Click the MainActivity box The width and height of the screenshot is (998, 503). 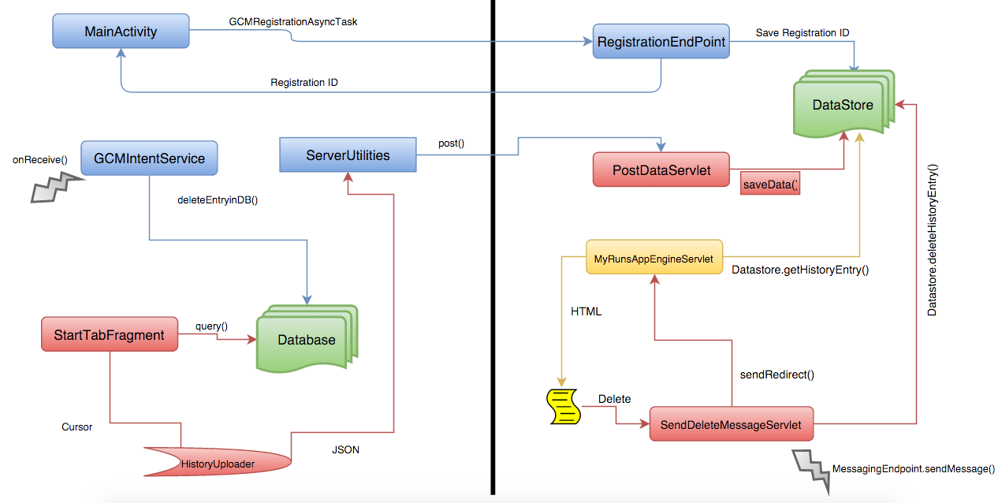[121, 32]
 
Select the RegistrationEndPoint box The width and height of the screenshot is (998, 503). [661, 43]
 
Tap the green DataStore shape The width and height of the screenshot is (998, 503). [842, 105]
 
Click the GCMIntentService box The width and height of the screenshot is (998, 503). [149, 158]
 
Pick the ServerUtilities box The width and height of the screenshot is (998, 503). [348, 156]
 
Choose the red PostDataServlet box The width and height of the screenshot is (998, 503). [661, 170]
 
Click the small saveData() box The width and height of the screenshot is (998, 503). [770, 184]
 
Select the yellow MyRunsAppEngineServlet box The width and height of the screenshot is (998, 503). [654, 257]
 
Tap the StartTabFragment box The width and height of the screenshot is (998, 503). [109, 335]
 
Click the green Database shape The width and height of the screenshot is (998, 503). [306, 341]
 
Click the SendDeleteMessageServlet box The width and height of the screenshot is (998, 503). [730, 425]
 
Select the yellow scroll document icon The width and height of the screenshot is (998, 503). [564, 406]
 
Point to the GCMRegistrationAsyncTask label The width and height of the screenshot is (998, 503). [293, 22]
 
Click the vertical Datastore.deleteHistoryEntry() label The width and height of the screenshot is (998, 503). [933, 240]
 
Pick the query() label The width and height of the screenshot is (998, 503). [211, 326]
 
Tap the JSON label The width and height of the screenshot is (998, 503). [345, 450]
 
